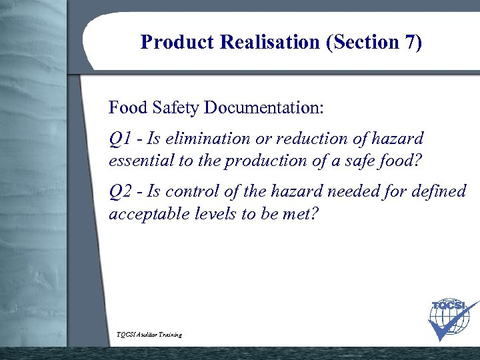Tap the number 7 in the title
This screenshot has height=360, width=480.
[x=411, y=43]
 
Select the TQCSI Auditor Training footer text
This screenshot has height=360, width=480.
[x=149, y=334]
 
